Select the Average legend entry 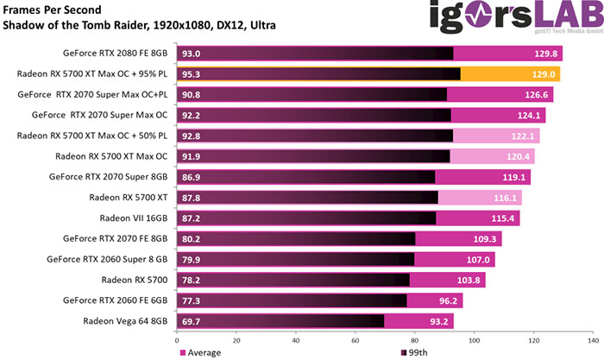click(200, 352)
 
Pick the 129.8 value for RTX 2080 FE click(544, 54)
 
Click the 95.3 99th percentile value click(192, 74)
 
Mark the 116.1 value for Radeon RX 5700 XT click(505, 198)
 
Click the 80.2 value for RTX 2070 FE click(192, 239)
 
